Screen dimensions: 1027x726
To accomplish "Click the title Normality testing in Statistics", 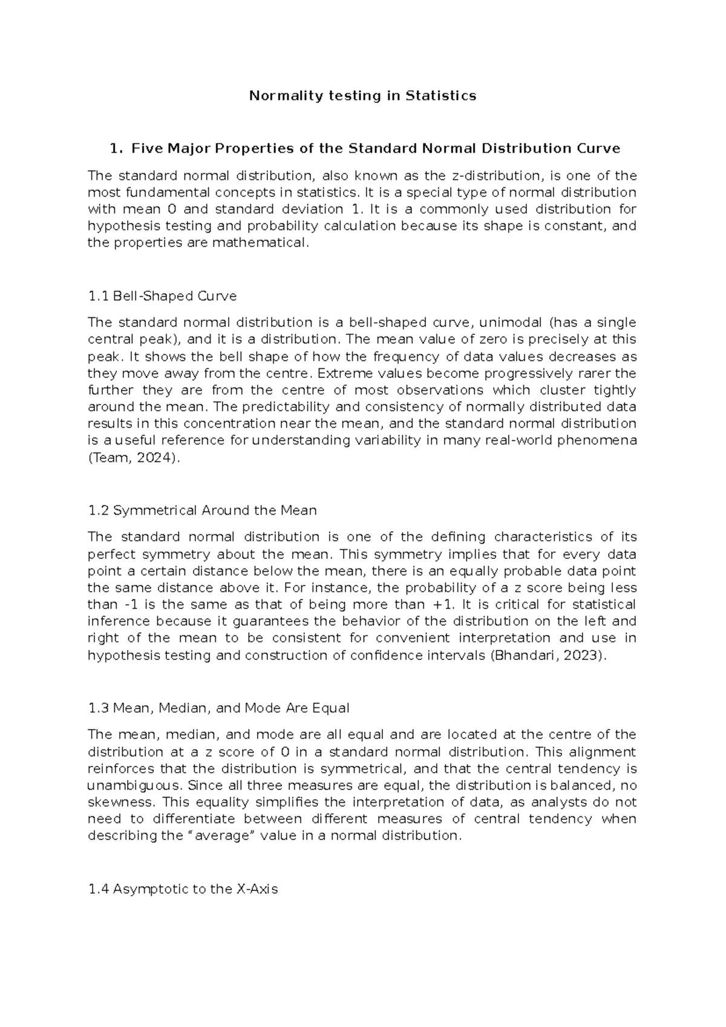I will (x=363, y=96).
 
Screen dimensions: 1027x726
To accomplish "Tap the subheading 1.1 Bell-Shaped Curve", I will (x=162, y=296).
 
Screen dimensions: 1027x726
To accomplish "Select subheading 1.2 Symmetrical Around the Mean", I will (x=202, y=510).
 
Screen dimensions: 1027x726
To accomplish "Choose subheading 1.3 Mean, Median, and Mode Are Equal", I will (x=218, y=708).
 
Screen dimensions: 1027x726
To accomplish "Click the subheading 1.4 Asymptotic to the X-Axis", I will (x=183, y=889).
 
